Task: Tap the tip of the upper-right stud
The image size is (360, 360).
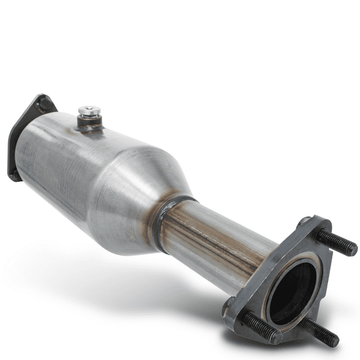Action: pyautogui.click(x=352, y=250)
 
